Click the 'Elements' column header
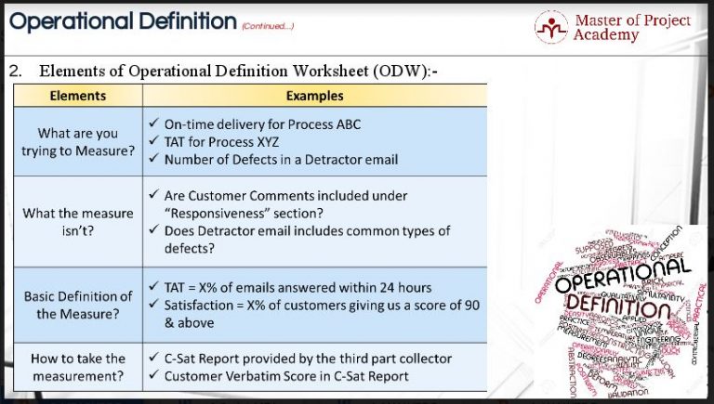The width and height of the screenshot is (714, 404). (77, 96)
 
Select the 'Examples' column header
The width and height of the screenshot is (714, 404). (314, 96)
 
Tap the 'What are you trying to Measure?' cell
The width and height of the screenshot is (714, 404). (78, 142)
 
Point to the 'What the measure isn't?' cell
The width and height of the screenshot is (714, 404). (78, 221)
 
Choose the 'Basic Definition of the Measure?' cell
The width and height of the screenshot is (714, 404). (78, 305)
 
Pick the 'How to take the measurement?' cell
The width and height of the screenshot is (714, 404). (78, 367)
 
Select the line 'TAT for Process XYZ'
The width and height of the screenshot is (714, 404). (222, 141)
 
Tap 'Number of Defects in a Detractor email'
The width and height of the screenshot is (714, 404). (281, 159)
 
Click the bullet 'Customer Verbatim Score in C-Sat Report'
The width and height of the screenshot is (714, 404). (286, 376)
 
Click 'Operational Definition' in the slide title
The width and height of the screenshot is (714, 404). (122, 20)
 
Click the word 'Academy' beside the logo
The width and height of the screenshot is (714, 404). (606, 35)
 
